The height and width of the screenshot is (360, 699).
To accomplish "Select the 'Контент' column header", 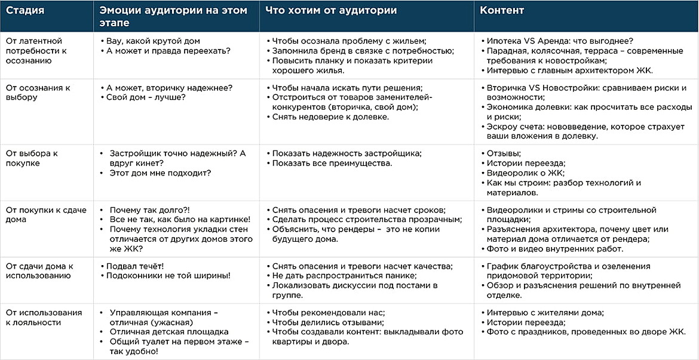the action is [x=502, y=11].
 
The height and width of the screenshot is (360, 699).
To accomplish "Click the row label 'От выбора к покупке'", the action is [x=31, y=158].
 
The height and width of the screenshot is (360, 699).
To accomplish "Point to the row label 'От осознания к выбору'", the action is [x=38, y=93].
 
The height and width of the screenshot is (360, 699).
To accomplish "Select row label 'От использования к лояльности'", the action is [x=44, y=318].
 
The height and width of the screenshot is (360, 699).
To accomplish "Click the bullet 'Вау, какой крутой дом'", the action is [x=153, y=41].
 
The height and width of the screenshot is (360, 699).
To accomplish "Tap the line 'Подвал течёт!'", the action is [x=135, y=266].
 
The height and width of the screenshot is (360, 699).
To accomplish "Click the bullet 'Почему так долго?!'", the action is [x=149, y=210].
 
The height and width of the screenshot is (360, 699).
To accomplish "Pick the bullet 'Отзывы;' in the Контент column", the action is [x=504, y=153].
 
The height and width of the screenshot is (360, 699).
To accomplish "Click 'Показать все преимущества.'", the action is [x=332, y=163].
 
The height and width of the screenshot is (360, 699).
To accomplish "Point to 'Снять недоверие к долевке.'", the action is [x=330, y=117].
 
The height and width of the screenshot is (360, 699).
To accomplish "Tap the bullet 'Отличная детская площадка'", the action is [x=168, y=332].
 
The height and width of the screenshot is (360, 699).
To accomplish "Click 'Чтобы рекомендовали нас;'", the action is [x=329, y=312].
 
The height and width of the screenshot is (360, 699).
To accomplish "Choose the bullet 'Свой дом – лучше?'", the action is [x=146, y=97].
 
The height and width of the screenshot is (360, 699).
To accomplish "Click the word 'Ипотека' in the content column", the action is [x=503, y=41].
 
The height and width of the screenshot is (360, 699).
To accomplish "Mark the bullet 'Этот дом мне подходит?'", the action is [x=160, y=173].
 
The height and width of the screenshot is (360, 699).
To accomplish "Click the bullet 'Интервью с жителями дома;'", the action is [x=545, y=312].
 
